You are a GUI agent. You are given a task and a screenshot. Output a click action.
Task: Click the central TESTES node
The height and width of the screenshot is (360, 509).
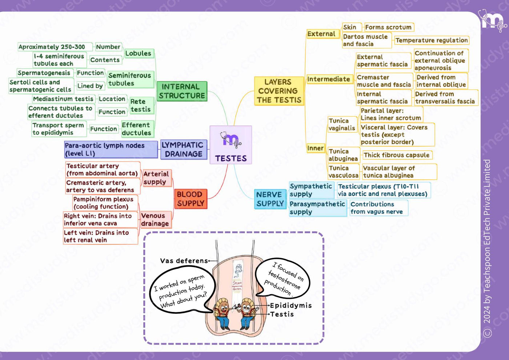click(231, 145)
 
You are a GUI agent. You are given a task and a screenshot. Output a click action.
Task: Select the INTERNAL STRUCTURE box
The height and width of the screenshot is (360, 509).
click(182, 91)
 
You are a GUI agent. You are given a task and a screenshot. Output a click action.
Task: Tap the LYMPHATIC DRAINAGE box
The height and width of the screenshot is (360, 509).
click(184, 149)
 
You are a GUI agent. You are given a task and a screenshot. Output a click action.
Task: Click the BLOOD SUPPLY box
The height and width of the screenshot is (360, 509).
click(191, 199)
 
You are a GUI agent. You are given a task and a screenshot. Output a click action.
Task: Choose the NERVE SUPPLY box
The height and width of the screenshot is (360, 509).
click(270, 199)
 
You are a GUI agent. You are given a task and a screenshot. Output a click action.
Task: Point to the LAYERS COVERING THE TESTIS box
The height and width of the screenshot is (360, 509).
click(279, 91)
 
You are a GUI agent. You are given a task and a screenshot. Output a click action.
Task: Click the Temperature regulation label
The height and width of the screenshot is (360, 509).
click(432, 40)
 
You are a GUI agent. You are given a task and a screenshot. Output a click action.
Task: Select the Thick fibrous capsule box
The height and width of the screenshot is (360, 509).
click(397, 155)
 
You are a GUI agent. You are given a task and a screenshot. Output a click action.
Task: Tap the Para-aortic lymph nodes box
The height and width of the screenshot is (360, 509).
click(111, 149)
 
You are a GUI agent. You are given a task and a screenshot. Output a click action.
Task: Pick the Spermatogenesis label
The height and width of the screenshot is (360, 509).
click(44, 73)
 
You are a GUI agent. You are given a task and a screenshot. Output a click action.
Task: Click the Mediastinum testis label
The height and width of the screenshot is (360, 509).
click(63, 99)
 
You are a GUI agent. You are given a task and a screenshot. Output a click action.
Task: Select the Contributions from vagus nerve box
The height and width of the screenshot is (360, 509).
click(379, 208)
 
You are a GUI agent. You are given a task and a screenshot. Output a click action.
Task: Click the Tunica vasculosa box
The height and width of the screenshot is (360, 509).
click(343, 172)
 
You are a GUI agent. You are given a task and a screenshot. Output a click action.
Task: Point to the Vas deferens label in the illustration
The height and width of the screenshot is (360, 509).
click(184, 261)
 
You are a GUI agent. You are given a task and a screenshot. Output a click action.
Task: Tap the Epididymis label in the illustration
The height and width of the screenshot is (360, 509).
click(291, 305)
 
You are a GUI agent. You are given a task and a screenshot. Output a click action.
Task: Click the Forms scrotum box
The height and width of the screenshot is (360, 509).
click(389, 27)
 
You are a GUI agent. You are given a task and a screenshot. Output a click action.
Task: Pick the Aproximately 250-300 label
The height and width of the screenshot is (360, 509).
click(52, 47)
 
